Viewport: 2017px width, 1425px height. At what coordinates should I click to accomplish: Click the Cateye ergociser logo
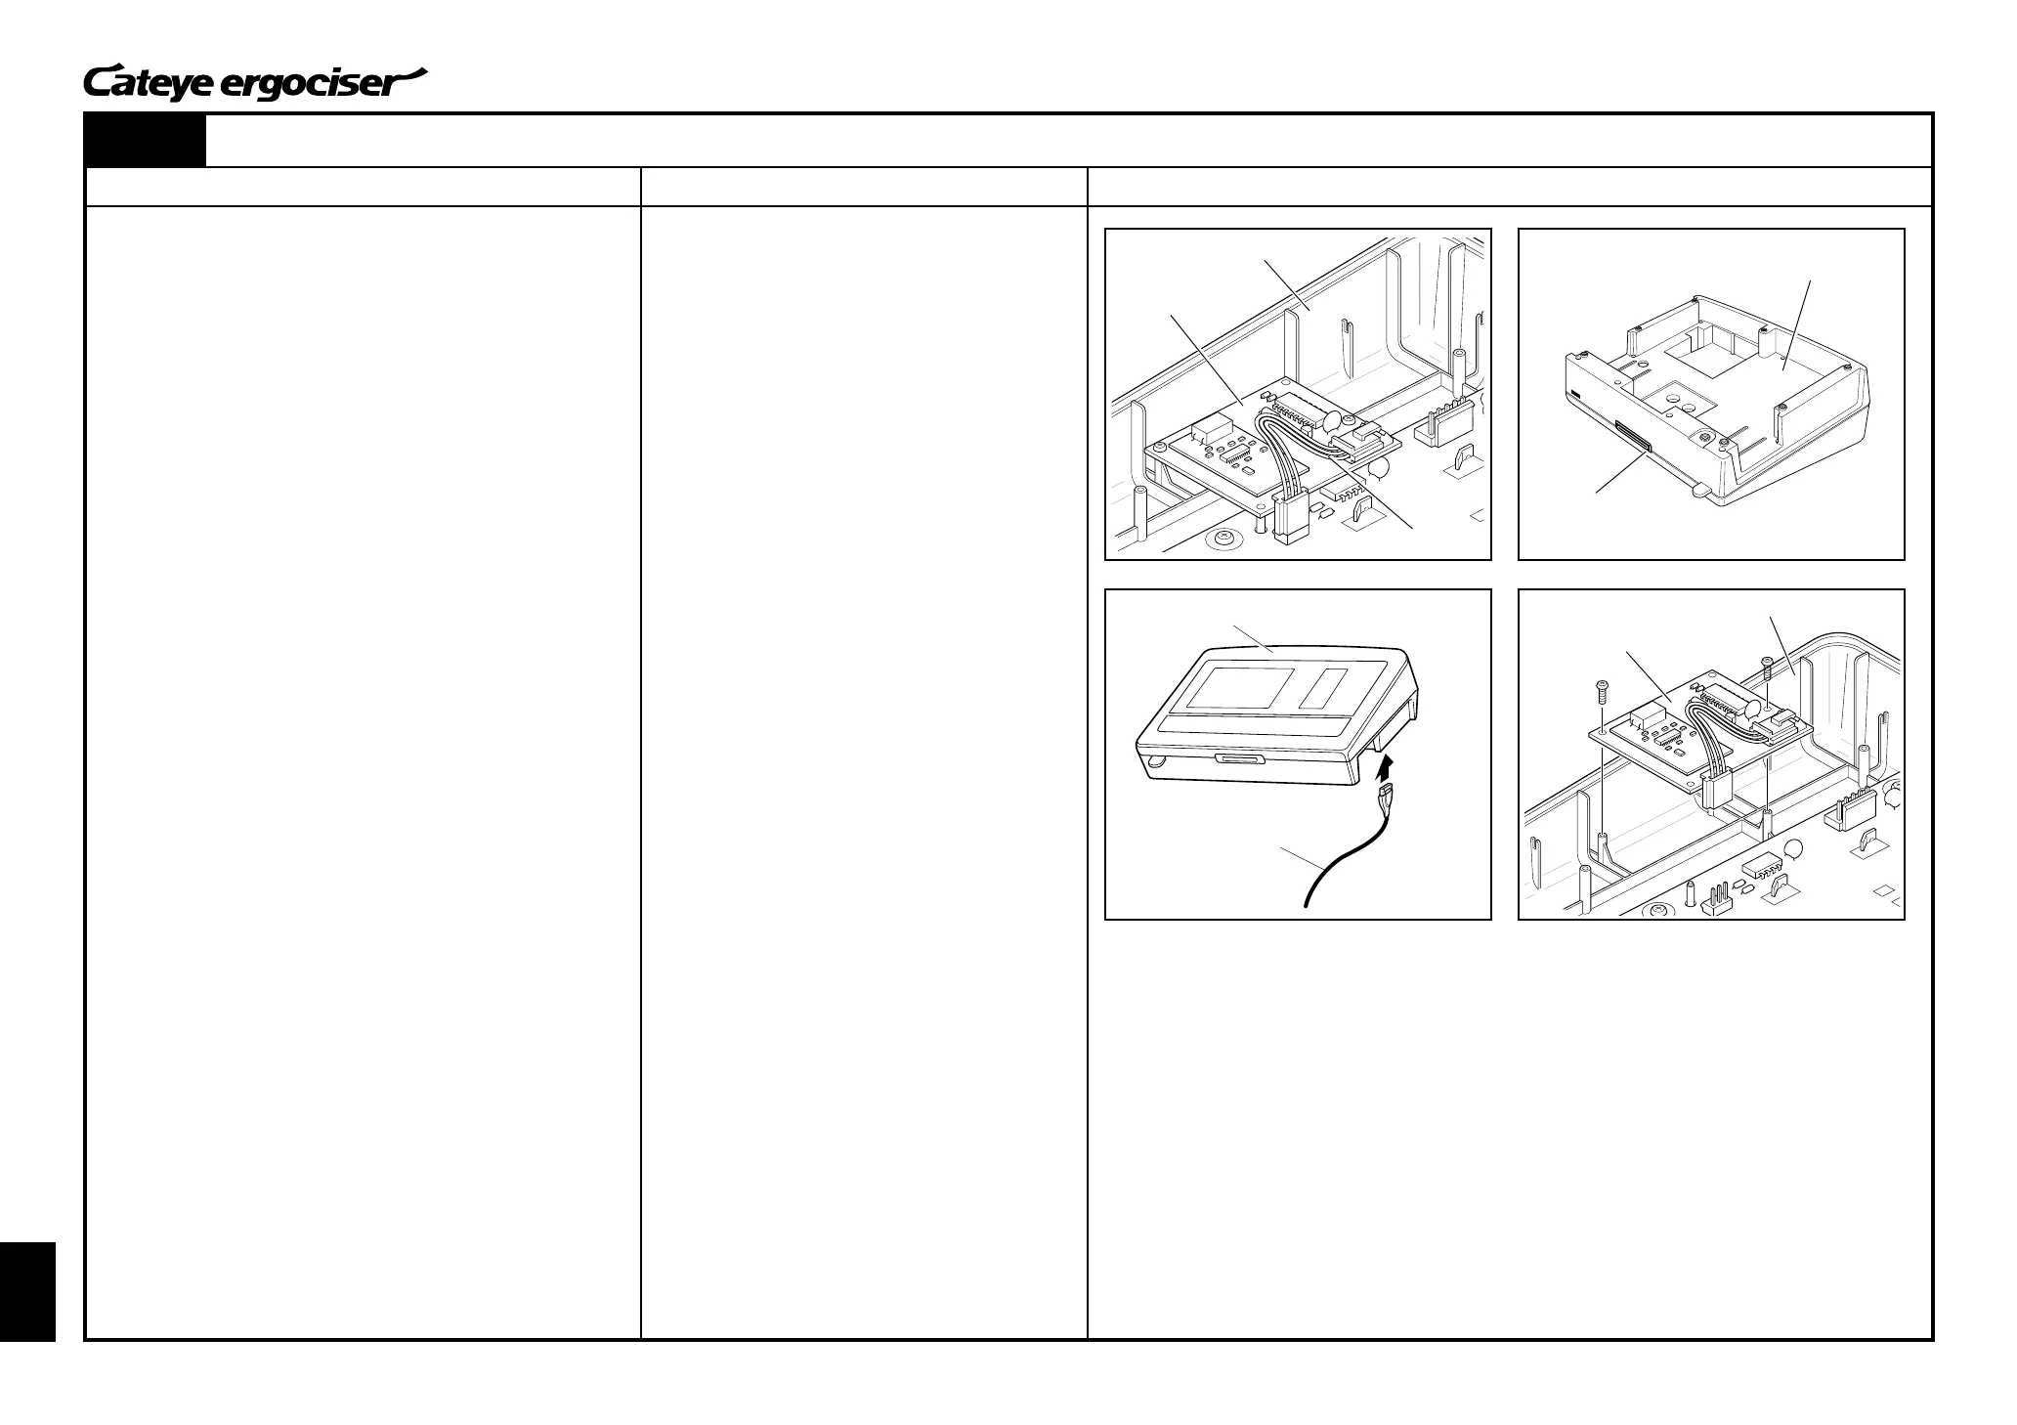pyautogui.click(x=256, y=83)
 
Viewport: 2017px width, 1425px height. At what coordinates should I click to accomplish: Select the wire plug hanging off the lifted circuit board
pyautogui.click(x=1717, y=788)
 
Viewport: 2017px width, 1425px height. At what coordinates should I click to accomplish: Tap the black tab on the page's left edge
pyautogui.click(x=27, y=1290)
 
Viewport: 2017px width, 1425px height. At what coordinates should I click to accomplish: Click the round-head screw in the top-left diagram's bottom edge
pyautogui.click(x=1220, y=540)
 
